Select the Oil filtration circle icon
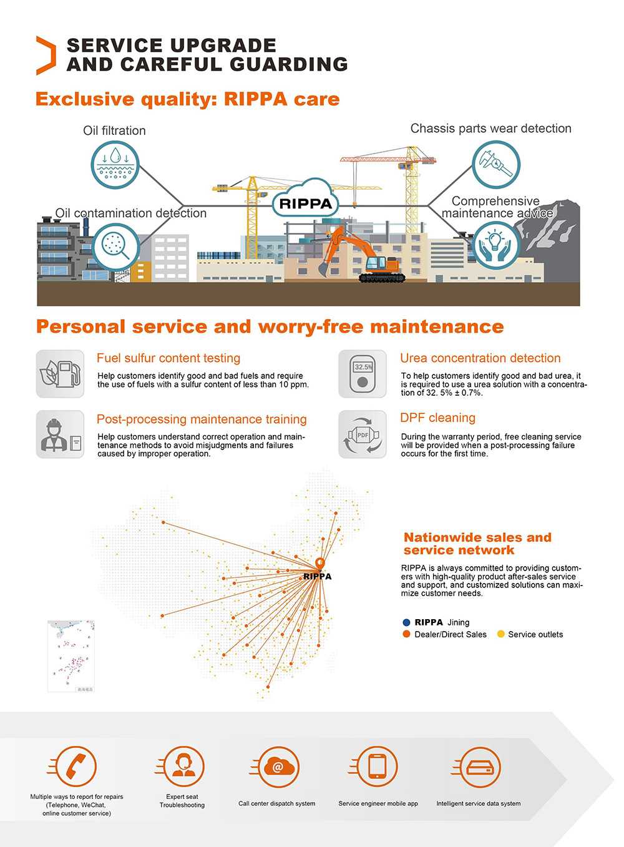[115, 165]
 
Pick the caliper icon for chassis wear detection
[496, 165]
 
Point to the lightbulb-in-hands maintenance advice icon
[495, 245]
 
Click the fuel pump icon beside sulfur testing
[60, 374]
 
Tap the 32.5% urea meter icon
[363, 374]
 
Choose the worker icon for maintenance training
[60, 434]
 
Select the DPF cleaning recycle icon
[363, 434]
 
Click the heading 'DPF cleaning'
[437, 418]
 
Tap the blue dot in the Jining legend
[407, 622]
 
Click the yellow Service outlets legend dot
[500, 634]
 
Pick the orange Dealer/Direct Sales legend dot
[407, 634]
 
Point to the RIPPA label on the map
[318, 576]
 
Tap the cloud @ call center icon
[278, 767]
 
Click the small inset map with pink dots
[71, 656]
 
